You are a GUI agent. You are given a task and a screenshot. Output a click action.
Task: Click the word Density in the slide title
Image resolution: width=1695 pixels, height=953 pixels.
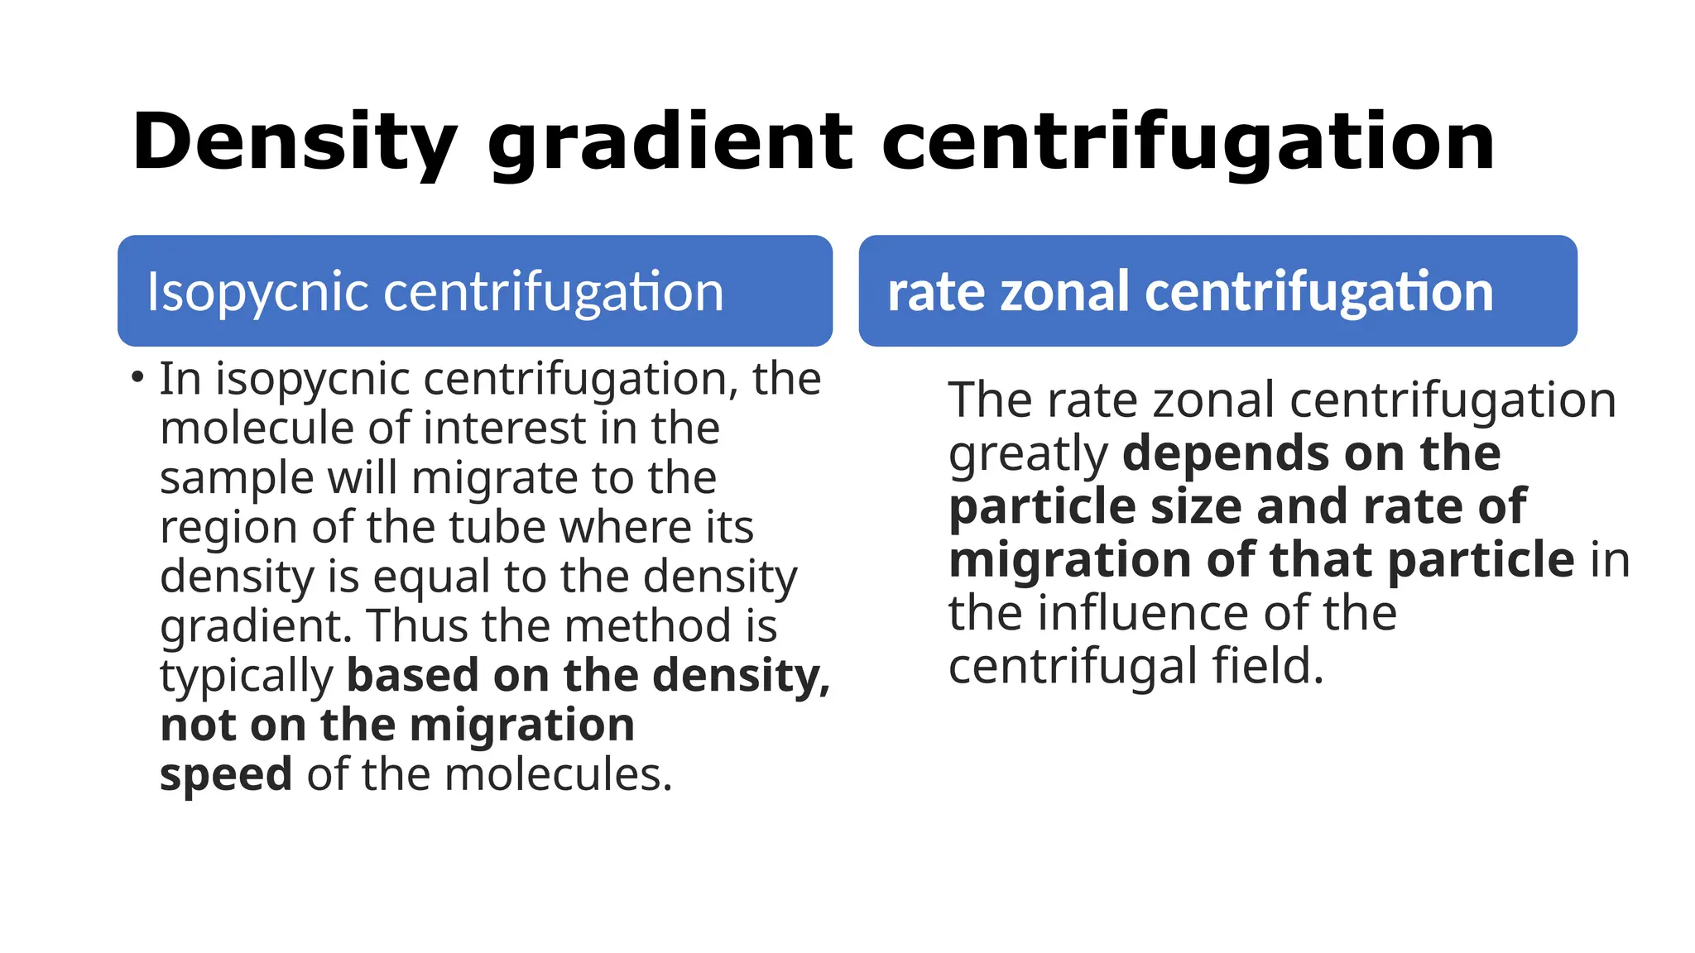point(294,143)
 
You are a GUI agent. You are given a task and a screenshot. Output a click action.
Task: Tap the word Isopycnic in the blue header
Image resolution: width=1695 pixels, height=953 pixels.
point(257,292)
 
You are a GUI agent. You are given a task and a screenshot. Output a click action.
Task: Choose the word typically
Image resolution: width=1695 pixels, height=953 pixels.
point(246,676)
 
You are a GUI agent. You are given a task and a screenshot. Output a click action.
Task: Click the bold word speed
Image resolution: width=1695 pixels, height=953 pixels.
point(225,775)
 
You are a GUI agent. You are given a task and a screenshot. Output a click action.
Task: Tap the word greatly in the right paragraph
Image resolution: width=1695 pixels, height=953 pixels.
point(1027,454)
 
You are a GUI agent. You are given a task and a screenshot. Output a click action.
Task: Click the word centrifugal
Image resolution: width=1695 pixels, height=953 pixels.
point(1073,667)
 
